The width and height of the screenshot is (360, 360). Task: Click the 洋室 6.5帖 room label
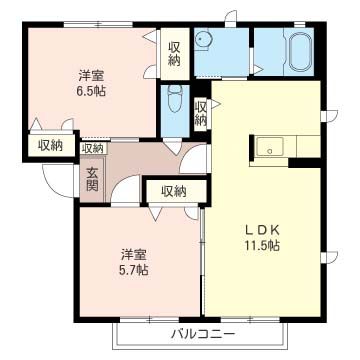(92, 83)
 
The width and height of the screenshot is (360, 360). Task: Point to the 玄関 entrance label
(92, 179)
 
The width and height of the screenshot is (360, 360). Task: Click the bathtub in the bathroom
(300, 49)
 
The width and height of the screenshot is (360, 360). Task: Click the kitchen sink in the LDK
(270, 148)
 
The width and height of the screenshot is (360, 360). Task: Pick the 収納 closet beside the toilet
(201, 113)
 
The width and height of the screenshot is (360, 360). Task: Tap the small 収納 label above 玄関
(93, 148)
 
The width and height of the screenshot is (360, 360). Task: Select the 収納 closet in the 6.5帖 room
(174, 53)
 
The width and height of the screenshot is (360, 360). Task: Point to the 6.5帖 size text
(92, 91)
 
